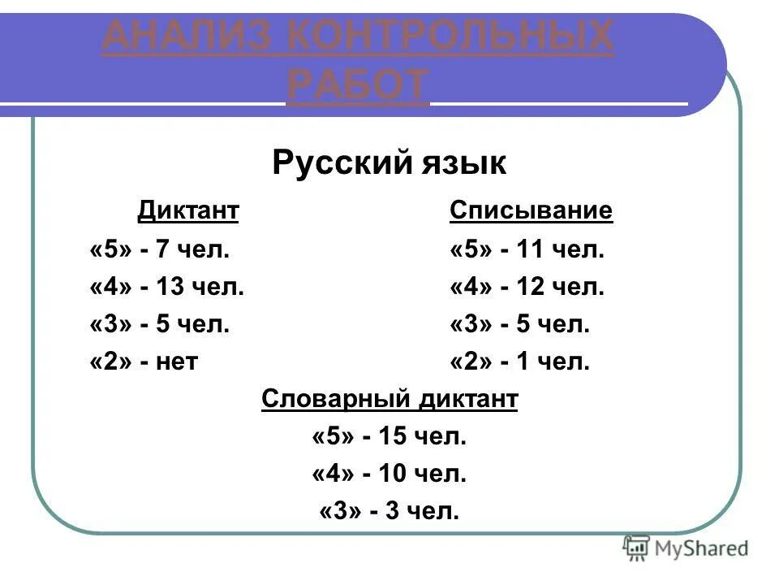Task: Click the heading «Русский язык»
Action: pyautogui.click(x=389, y=163)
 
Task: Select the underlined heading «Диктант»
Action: pyautogui.click(x=188, y=211)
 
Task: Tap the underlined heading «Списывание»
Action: pyautogui.click(x=531, y=211)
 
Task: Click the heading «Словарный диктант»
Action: pyautogui.click(x=389, y=400)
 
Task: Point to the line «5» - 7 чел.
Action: pyautogui.click(x=160, y=249)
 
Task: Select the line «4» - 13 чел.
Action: pyautogui.click(x=166, y=287)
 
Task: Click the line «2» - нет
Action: pyautogui.click(x=144, y=362)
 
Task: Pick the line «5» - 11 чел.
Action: pyautogui.click(x=527, y=249)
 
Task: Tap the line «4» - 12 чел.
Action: pyautogui.click(x=527, y=287)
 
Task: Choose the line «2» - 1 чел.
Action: pyautogui.click(x=519, y=362)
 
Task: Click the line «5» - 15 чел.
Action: pyautogui.click(x=389, y=437)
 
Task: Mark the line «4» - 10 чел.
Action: pyautogui.click(x=389, y=474)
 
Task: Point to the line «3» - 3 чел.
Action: pyautogui.click(x=389, y=512)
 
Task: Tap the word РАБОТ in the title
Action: pyautogui.click(x=358, y=84)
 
